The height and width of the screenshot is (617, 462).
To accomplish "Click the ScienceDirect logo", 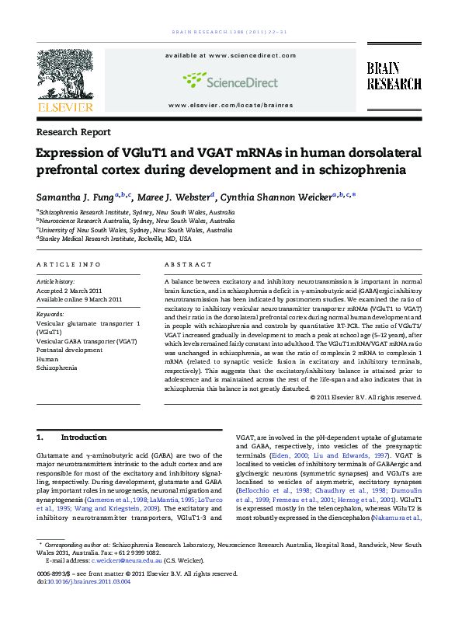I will pos(231,79).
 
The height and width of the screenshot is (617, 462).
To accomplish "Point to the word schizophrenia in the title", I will pos(356,170).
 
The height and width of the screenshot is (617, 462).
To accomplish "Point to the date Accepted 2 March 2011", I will pos(73,290).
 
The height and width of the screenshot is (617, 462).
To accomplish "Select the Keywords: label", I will pos(51,314).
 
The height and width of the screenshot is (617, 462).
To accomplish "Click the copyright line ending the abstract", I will pos(365,396).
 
